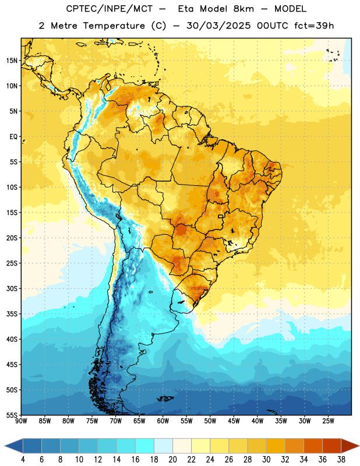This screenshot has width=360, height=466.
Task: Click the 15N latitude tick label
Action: [x=12, y=61]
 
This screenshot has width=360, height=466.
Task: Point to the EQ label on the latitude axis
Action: [x=13, y=137]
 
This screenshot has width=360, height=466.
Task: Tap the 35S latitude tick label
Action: [x=12, y=314]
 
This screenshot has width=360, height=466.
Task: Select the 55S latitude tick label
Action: [x=12, y=415]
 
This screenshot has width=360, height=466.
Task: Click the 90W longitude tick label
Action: [x=21, y=421]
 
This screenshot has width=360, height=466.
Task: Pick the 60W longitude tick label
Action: [x=163, y=421]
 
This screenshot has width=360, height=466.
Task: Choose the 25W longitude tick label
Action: [x=328, y=421]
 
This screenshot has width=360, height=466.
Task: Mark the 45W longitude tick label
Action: [x=234, y=421]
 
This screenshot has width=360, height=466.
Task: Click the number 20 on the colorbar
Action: [x=172, y=460]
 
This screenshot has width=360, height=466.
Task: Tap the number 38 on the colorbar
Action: [x=341, y=460]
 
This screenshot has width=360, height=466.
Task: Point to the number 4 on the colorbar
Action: [x=23, y=460]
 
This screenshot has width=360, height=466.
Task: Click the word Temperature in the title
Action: [x=114, y=26]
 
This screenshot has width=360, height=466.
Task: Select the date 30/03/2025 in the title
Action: [x=218, y=26]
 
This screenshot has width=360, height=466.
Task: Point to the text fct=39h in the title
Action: [x=314, y=26]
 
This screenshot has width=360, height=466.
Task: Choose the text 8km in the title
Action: [x=243, y=9]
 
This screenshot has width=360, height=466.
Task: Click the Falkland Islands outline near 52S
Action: [x=165, y=398]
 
